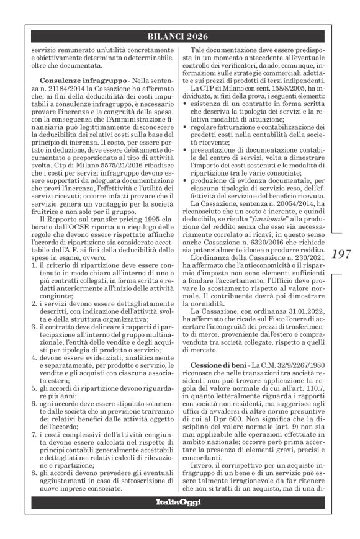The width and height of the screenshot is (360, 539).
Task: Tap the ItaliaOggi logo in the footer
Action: (x=179, y=518)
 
